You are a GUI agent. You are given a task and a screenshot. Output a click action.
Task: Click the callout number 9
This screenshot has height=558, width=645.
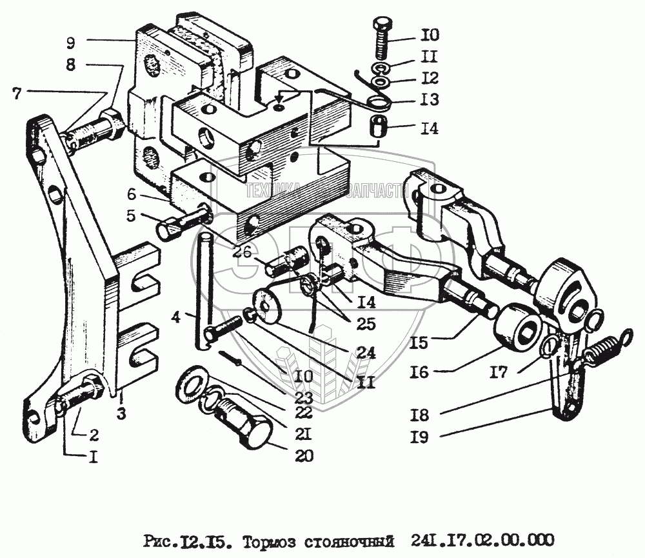point(70,43)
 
